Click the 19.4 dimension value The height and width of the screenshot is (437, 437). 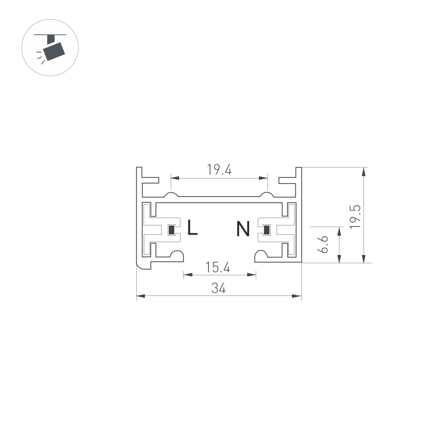[219, 170]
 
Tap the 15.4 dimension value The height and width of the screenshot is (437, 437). [218, 267]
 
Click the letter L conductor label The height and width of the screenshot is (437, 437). [192, 228]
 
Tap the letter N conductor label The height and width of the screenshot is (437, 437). [243, 229]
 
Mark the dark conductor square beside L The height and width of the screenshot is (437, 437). [172, 229]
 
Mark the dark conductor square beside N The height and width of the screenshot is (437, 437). [265, 229]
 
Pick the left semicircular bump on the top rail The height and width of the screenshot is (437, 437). [171, 194]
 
